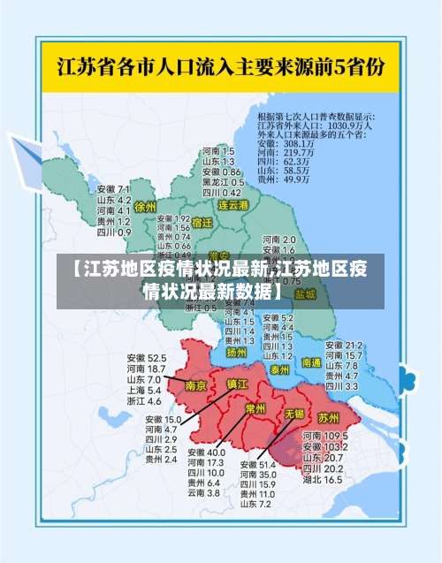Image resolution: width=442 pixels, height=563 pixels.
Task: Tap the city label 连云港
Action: pos(234,204)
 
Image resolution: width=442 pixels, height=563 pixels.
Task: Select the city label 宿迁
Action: pos(202,223)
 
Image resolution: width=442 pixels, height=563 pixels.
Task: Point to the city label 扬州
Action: pos(236,352)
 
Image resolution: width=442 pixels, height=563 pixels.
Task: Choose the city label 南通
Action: pos(310,362)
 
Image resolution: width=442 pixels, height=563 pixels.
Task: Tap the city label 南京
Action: pos(196,385)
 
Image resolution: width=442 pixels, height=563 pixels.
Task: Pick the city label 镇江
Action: pos(237,384)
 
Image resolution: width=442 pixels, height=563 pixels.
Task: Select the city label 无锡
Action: pos(293,413)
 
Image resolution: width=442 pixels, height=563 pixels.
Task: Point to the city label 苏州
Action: pos(328,417)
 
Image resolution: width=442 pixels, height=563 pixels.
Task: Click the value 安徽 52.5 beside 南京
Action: pos(146,357)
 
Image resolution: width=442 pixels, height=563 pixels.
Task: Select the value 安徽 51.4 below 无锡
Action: pos(257,464)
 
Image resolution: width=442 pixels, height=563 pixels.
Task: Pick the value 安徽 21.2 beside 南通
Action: pos(344,345)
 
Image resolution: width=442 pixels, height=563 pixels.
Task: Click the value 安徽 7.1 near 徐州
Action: pos(114,189)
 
